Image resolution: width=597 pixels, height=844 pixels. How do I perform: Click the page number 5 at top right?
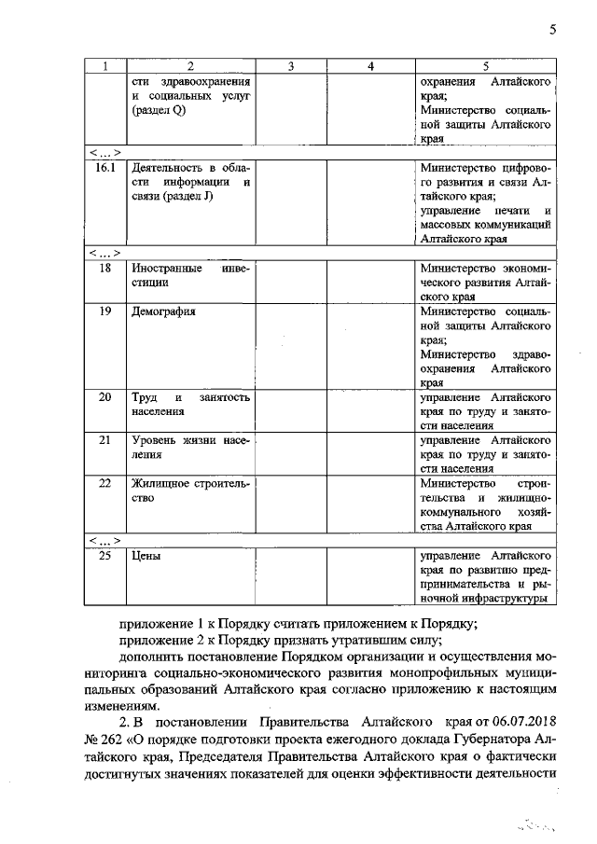552,29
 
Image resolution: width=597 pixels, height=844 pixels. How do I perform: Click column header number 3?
291,66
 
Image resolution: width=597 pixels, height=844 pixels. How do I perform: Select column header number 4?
370,66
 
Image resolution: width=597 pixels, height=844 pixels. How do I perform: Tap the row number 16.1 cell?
105,168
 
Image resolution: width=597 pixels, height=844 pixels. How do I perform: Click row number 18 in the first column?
105,268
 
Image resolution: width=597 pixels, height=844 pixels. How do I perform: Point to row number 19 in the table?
105,311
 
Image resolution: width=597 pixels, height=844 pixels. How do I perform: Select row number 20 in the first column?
105,397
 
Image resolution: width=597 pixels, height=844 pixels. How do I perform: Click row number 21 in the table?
105,440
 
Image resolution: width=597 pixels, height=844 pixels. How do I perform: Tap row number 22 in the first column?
105,483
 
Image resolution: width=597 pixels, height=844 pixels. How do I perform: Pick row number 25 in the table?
105,556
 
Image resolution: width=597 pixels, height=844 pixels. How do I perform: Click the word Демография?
164,311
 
